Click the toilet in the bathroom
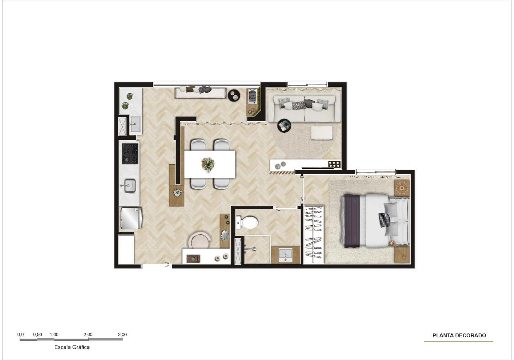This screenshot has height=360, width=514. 247,222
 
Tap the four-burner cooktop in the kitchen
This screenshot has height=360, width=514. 130,154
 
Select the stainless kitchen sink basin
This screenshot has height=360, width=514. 130,186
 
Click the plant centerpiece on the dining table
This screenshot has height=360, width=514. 208,164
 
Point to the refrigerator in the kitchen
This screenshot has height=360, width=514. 131,218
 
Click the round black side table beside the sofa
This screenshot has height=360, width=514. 284,125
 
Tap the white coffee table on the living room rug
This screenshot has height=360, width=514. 322,133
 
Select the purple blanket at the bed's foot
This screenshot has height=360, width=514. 352,221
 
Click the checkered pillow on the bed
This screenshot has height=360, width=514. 384,220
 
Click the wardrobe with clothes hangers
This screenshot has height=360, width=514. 314,234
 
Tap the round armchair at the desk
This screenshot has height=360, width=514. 199,240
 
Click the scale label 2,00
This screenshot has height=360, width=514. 88,335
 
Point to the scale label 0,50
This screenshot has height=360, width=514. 37,335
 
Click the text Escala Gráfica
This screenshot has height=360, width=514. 72,347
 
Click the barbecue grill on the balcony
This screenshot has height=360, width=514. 252,96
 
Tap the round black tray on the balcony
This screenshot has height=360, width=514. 234,95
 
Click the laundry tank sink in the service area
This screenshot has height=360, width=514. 135,124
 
